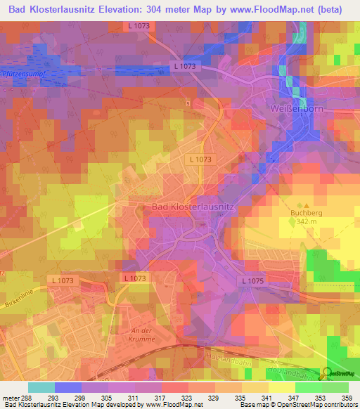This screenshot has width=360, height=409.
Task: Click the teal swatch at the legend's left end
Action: point(41,387)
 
